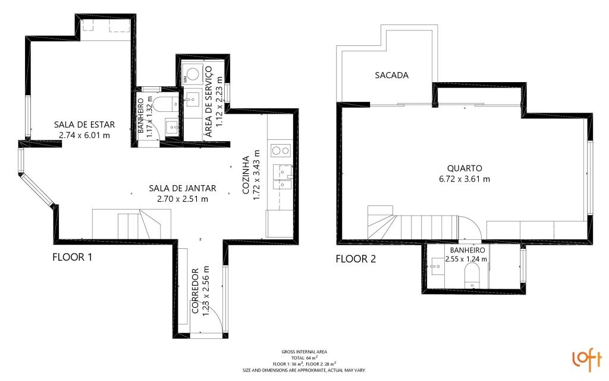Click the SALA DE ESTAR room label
[84, 125]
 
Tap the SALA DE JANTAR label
[183, 188]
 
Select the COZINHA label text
[246, 175]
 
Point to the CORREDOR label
[195, 291]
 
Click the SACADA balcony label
[391, 75]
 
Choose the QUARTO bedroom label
[464, 168]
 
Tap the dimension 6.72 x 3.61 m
[464, 179]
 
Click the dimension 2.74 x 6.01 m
[84, 135]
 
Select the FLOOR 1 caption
[72, 257]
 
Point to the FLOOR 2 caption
[356, 259]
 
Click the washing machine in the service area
[192, 73]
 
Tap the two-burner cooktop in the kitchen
[281, 150]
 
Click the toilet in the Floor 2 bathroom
[472, 276]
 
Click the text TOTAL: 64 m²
[304, 357]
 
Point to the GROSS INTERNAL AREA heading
[304, 351]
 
